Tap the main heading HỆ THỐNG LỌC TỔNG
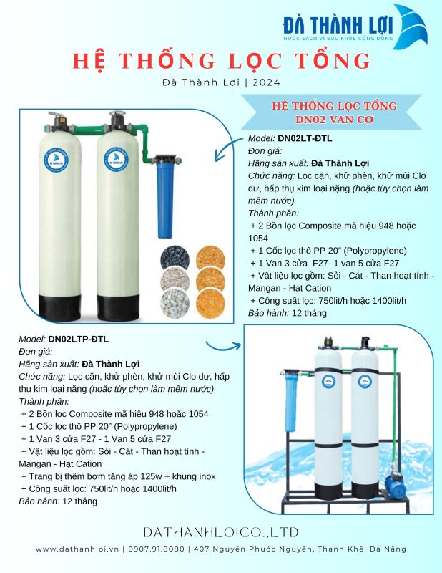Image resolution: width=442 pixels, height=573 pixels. [221, 61]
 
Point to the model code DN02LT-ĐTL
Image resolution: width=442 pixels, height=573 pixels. [305, 138]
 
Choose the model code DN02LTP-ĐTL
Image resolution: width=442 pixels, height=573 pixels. [78, 339]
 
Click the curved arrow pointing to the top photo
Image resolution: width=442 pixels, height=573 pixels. [227, 148]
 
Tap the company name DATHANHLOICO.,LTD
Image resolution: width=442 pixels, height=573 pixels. [221, 532]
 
